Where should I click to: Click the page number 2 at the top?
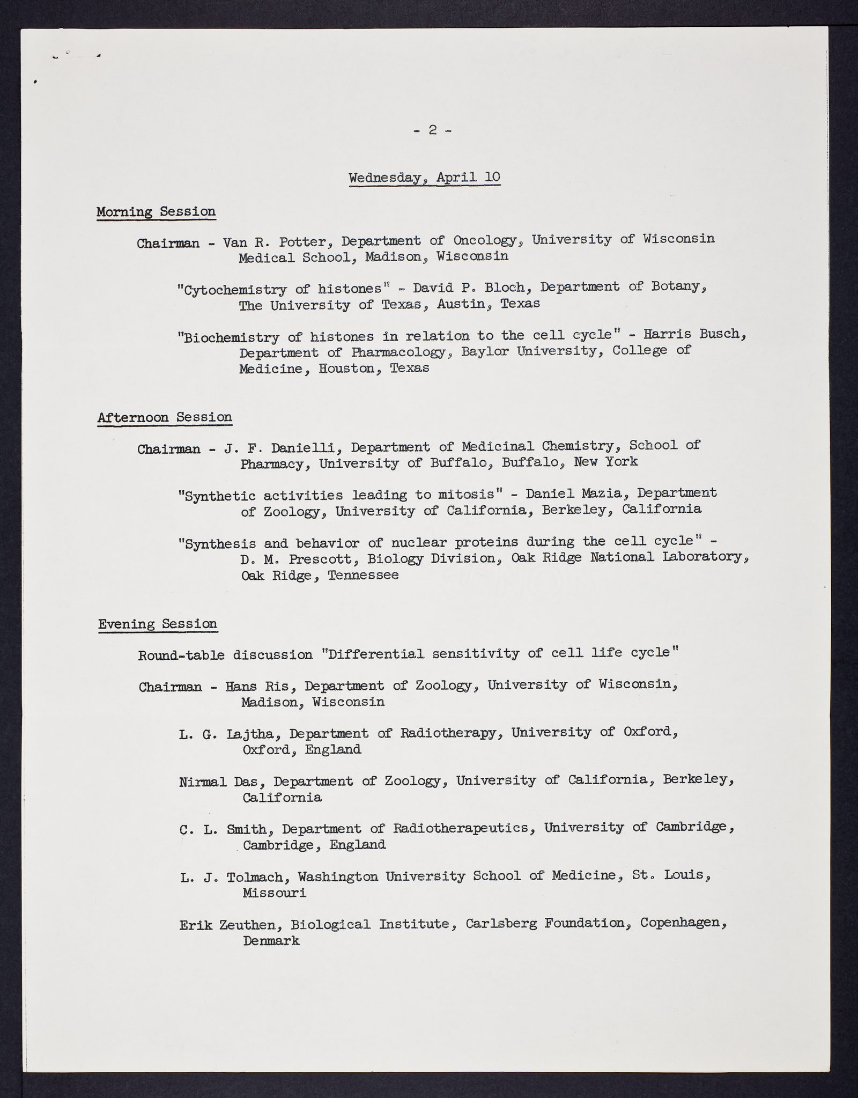pyautogui.click(x=433, y=130)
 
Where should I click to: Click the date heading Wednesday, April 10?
pyautogui.click(x=424, y=177)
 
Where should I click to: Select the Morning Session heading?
pyautogui.click(x=156, y=211)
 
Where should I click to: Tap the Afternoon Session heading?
pyautogui.click(x=165, y=417)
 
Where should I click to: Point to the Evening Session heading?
pyautogui.click(x=158, y=623)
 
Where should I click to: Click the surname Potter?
pyautogui.click(x=304, y=242)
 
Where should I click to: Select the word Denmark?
pyautogui.click(x=271, y=941)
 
